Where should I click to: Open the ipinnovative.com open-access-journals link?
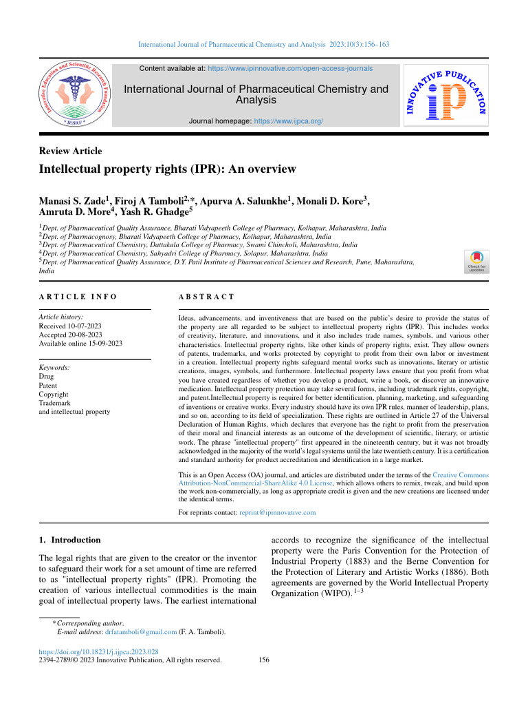point(290,69)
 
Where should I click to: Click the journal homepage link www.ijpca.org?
point(288,120)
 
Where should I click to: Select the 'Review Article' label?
point(71,151)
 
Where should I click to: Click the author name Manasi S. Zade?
point(75,201)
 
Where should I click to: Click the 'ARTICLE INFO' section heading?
point(78,297)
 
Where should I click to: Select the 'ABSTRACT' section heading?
point(206,297)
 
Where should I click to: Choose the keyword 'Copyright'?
point(55,394)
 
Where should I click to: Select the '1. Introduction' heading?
point(71,540)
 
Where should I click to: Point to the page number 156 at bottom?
point(263,660)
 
